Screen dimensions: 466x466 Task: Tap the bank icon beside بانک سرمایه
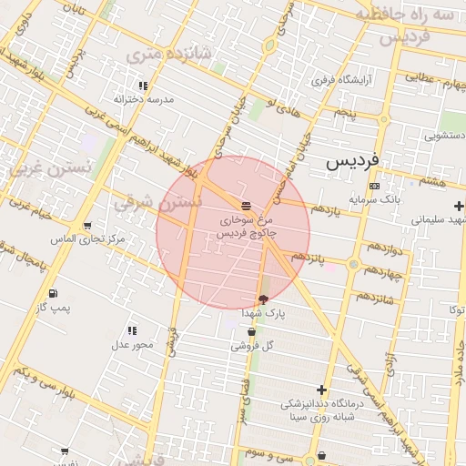pos(374,186)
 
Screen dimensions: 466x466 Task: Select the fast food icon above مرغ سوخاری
pos(247,206)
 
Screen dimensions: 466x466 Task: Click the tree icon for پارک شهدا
pos(264,299)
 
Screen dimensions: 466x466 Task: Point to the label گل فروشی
pos(251,346)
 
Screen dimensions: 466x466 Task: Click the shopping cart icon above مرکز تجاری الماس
pos(86,226)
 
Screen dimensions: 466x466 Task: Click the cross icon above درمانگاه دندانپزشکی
pos(321,390)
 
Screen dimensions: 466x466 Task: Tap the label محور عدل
pos(132,344)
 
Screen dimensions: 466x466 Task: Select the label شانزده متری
pos(168,55)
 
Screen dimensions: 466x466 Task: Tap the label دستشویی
pos(441,136)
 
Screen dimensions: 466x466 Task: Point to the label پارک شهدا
pos(264,313)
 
